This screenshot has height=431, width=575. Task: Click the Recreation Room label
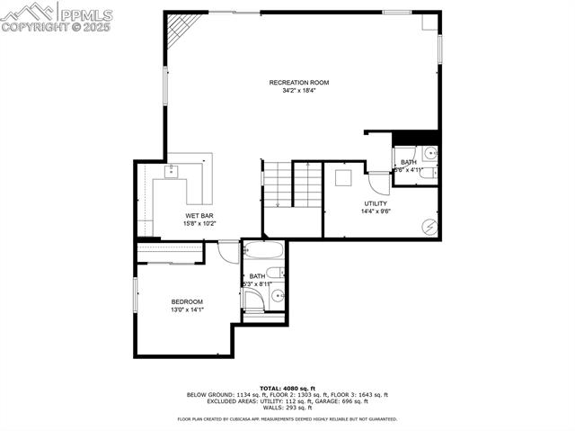[x=299, y=83]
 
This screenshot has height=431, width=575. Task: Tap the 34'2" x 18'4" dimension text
[x=299, y=91]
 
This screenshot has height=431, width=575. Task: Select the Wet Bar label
[x=199, y=216]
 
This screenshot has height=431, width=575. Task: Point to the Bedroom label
[x=188, y=301]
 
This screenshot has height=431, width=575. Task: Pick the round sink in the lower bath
[x=278, y=294]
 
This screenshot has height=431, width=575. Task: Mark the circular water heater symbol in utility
[x=429, y=226]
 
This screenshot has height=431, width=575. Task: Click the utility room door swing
[x=379, y=183]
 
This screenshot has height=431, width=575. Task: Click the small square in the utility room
[x=343, y=177]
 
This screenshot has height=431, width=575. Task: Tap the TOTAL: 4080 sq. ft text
[x=287, y=387]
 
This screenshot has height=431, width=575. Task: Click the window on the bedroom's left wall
[x=136, y=297]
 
